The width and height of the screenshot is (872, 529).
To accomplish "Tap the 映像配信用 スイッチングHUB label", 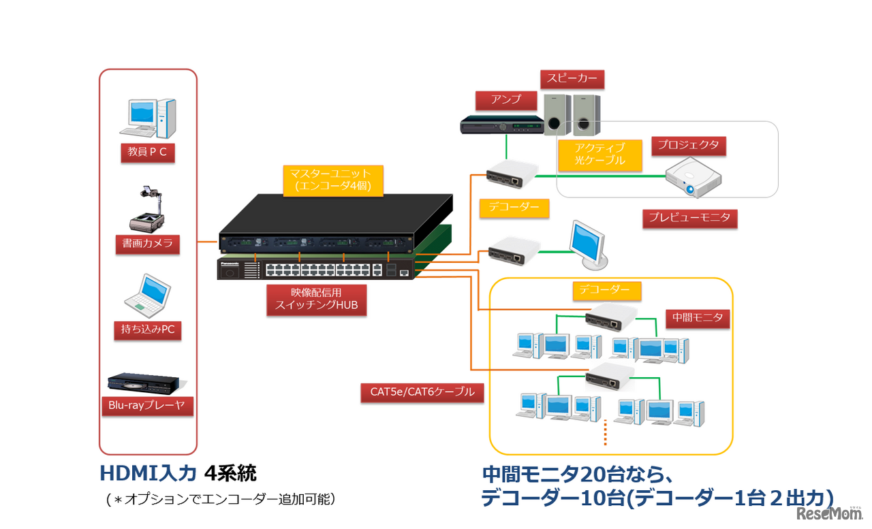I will (x=316, y=300).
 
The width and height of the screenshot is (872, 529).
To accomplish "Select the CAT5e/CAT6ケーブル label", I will (x=422, y=391).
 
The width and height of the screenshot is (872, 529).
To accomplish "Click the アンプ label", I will (x=506, y=99).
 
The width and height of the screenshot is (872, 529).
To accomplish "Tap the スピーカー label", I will (x=572, y=79).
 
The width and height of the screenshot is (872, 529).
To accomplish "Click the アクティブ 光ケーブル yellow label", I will (x=600, y=155).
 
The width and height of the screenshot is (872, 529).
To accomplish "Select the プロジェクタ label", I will (x=688, y=145).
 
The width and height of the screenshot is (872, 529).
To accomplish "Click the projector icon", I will (x=692, y=178).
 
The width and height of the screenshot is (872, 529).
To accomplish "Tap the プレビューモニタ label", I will (x=690, y=218).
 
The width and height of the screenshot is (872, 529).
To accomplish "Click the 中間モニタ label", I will (x=697, y=318).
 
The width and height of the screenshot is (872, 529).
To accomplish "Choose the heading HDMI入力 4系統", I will (x=178, y=473).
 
